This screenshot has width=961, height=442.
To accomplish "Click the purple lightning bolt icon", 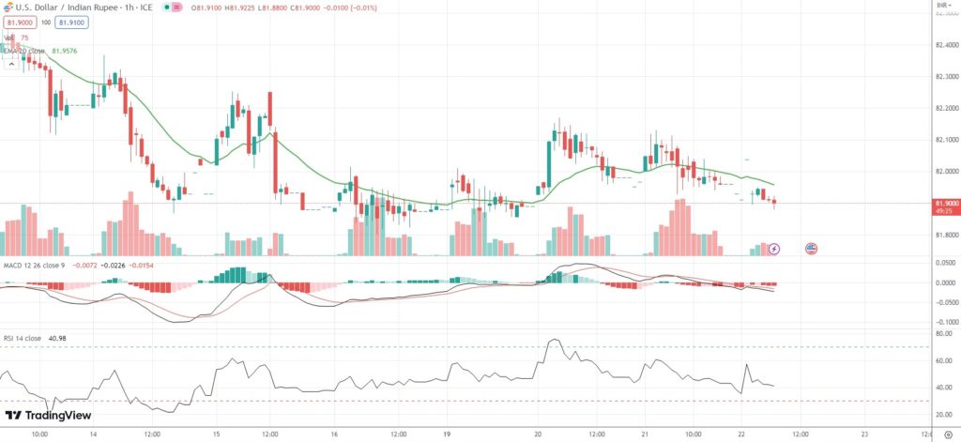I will (x=774, y=249).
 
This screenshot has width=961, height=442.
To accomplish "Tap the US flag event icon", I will (x=812, y=249).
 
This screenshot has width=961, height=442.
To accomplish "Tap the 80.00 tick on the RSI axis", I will (x=944, y=333).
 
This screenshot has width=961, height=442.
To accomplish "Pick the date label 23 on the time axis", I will (x=864, y=434).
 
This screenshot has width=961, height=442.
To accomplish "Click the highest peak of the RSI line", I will (x=554, y=340).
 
